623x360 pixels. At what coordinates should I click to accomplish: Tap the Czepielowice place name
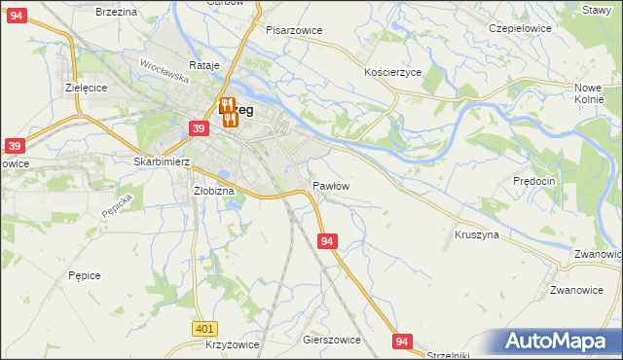[519, 28]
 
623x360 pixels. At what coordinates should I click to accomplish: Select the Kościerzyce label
[392, 73]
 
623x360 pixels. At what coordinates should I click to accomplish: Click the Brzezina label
[117, 11]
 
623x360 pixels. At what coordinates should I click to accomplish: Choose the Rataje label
[205, 65]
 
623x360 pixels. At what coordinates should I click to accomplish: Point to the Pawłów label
[331, 185]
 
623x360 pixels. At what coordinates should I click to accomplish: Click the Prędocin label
[533, 181]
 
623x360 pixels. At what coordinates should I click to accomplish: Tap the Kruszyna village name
[477, 234]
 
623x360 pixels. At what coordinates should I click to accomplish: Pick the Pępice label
[85, 275]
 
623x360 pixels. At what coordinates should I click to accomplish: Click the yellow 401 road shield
[203, 330]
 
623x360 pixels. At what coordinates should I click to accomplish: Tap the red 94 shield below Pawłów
[327, 240]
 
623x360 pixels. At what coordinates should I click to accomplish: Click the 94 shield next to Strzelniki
[403, 341]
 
